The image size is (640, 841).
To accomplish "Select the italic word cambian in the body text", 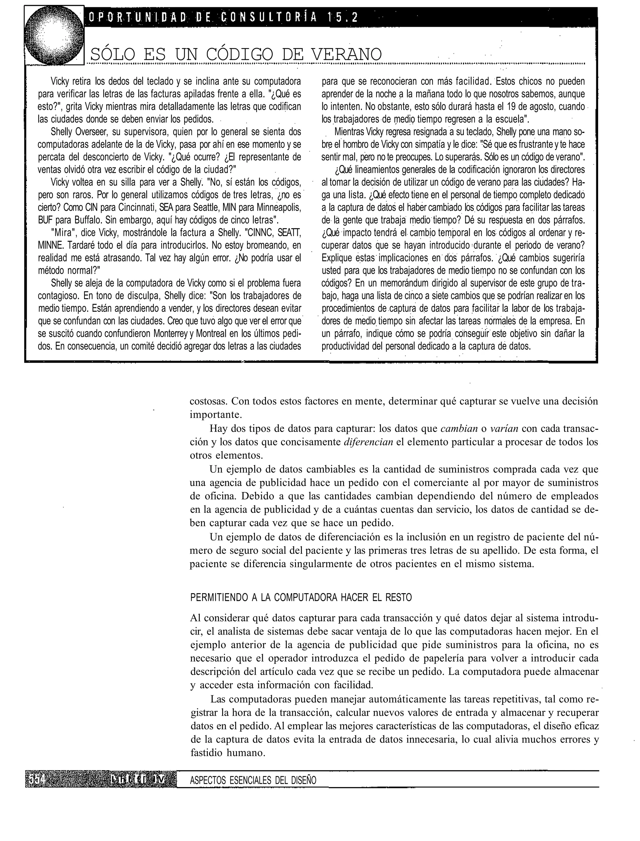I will tap(459, 429).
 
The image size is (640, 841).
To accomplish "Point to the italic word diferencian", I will tap(368, 442).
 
